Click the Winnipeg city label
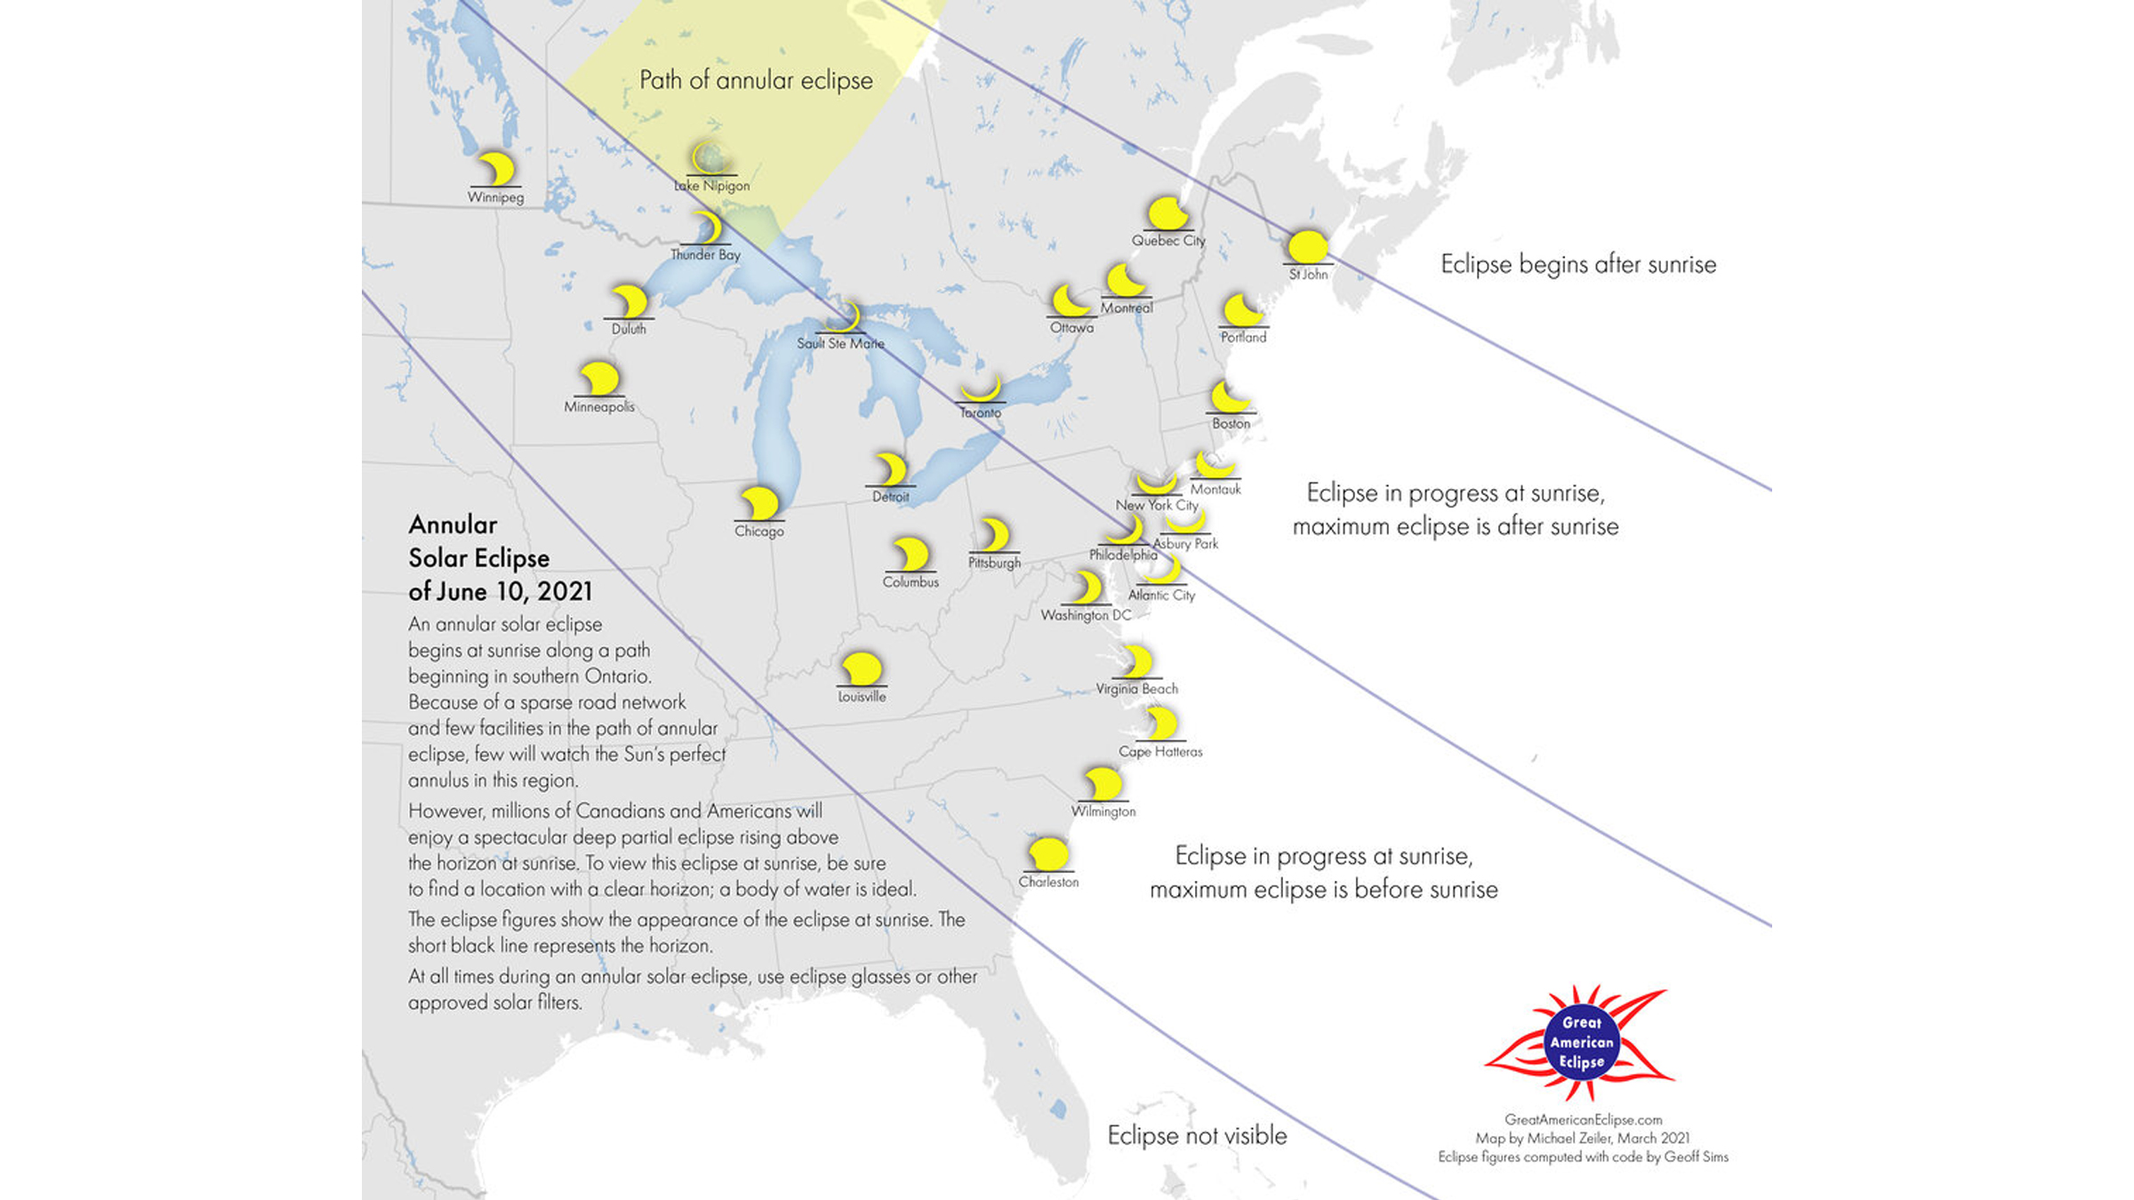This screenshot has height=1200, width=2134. [x=495, y=197]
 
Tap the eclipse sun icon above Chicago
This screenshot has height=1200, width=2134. [x=759, y=503]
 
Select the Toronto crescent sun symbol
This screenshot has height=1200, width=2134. [x=981, y=391]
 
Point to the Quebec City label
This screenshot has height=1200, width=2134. [x=1167, y=240]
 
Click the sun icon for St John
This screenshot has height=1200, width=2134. [x=1307, y=246]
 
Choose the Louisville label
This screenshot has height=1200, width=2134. [x=862, y=697]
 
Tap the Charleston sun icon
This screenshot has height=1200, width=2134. [x=1048, y=854]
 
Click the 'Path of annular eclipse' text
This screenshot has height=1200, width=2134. [x=756, y=80]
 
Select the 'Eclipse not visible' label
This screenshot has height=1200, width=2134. [x=1197, y=1135]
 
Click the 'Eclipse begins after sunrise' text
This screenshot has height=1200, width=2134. [x=1578, y=264]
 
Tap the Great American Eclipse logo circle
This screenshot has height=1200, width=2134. [x=1581, y=1043]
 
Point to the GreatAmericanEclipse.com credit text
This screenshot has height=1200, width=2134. [x=1583, y=1120]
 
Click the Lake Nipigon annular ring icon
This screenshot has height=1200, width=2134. [x=709, y=158]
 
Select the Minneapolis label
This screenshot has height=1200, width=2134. [x=599, y=407]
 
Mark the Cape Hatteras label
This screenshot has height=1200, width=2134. [x=1160, y=752]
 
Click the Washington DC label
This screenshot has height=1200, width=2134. [x=1086, y=615]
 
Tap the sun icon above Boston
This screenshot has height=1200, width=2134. [x=1230, y=396]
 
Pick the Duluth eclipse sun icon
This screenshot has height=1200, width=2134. [x=630, y=302]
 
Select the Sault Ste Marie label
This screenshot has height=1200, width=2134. [x=840, y=343]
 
